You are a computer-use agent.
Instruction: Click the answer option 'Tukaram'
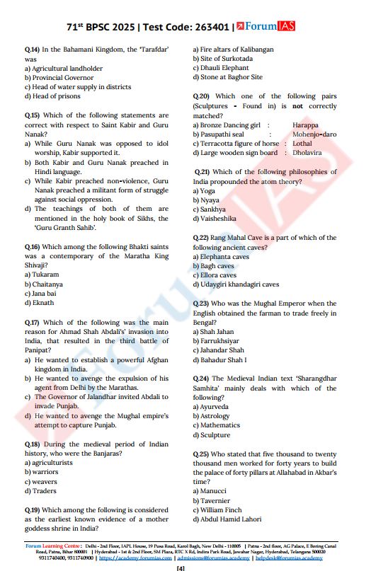[45, 275]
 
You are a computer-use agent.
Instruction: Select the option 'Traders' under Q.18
[45, 490]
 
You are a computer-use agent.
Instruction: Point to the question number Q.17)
[33, 323]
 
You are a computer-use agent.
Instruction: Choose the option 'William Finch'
[224, 509]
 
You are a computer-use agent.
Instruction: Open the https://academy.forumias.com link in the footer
[133, 558]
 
